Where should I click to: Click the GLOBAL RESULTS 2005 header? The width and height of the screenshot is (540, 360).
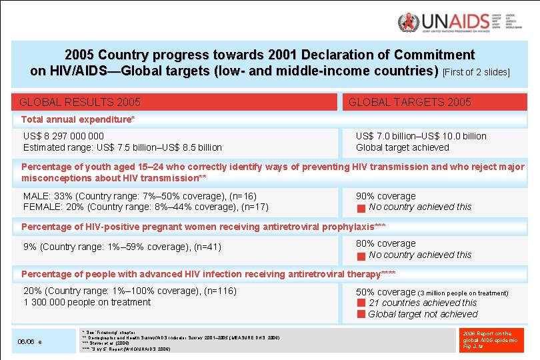[x=80, y=102]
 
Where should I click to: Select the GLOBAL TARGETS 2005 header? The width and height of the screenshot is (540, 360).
[x=409, y=102]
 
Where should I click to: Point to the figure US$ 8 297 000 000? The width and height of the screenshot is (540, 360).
[x=63, y=136]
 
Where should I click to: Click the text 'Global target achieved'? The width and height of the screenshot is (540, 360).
[x=402, y=147]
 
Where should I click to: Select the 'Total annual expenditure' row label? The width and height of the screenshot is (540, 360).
[x=78, y=119]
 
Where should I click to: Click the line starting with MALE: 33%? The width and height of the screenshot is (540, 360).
[x=139, y=196]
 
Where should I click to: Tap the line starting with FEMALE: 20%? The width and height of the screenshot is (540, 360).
[x=145, y=207]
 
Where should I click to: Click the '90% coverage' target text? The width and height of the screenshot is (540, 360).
[x=385, y=196]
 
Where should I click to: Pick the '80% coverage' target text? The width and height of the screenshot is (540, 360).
[x=385, y=243]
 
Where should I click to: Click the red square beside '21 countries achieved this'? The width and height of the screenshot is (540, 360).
[x=361, y=303]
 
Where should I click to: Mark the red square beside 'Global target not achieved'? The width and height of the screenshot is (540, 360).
[x=361, y=315]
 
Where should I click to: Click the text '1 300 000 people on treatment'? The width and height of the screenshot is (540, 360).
[x=87, y=302]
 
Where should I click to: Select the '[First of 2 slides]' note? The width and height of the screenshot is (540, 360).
[x=476, y=72]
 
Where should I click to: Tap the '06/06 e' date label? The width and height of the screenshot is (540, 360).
[x=30, y=341]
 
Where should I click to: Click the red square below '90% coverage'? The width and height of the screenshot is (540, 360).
[x=361, y=208]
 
